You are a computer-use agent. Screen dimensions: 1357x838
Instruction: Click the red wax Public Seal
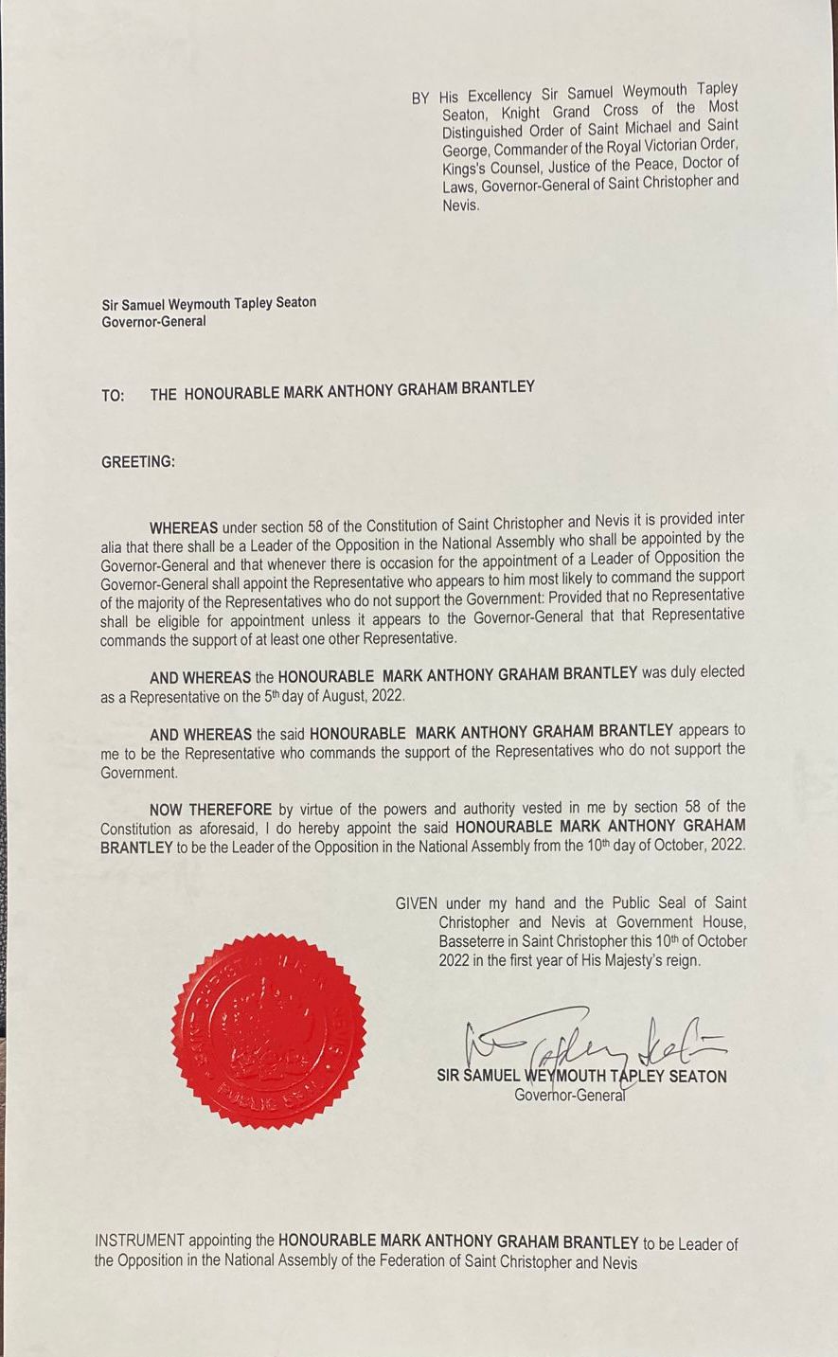(268, 1031)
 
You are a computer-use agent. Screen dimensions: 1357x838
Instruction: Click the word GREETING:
(138, 462)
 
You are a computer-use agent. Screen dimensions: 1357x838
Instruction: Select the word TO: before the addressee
(113, 396)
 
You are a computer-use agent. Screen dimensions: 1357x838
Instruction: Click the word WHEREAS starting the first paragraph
(184, 527)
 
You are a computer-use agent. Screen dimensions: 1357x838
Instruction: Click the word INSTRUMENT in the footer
(139, 1241)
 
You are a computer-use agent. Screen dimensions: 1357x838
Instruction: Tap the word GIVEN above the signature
(418, 904)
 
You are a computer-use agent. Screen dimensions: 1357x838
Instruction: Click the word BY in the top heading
(420, 98)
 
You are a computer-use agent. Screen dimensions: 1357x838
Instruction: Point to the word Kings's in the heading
(465, 168)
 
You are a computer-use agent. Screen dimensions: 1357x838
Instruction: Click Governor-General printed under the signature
(570, 1096)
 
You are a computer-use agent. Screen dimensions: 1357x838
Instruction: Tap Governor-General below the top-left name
(153, 322)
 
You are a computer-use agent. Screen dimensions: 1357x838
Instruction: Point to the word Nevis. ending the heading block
(461, 205)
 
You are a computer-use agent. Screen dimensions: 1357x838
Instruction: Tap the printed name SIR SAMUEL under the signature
(478, 1077)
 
